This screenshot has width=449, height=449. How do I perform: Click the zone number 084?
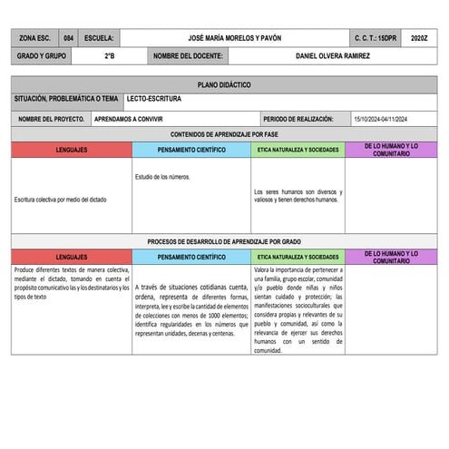[x=69, y=39]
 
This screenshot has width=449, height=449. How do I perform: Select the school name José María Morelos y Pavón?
[x=234, y=39]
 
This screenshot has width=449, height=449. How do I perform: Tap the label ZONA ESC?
[x=35, y=39]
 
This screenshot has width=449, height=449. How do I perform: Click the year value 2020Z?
[x=418, y=39]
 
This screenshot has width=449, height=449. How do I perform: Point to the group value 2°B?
[x=109, y=55]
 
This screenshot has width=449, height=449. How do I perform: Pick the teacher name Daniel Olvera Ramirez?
[x=333, y=55]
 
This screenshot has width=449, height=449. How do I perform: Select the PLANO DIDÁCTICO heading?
[x=224, y=84]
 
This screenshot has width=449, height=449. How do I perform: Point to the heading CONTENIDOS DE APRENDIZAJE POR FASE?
[x=224, y=133]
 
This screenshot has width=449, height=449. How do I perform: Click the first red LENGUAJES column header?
[x=72, y=150]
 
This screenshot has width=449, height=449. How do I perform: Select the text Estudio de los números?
[x=162, y=176]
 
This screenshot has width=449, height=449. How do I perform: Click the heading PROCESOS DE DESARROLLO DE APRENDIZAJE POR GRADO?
[x=224, y=241]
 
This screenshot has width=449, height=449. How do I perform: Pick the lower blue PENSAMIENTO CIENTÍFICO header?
[x=191, y=257]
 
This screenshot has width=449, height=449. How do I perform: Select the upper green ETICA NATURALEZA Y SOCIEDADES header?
[x=298, y=150]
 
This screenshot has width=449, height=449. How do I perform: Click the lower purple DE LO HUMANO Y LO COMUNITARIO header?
[x=391, y=257]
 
